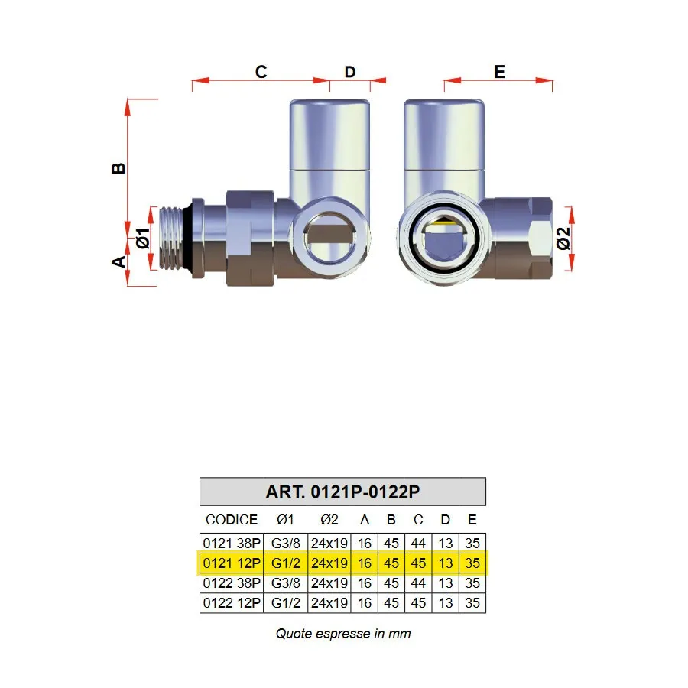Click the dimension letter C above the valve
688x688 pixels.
point(261,72)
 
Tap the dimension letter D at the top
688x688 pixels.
point(349,72)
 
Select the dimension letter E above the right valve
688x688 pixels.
point(499,72)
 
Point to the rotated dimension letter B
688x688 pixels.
point(118,168)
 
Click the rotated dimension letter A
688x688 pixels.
point(118,262)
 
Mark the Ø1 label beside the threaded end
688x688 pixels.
point(143,239)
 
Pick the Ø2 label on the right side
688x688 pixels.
point(564,239)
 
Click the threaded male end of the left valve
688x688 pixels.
point(176,238)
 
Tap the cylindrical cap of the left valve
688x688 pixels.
point(329,135)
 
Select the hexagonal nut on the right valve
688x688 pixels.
point(540,238)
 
